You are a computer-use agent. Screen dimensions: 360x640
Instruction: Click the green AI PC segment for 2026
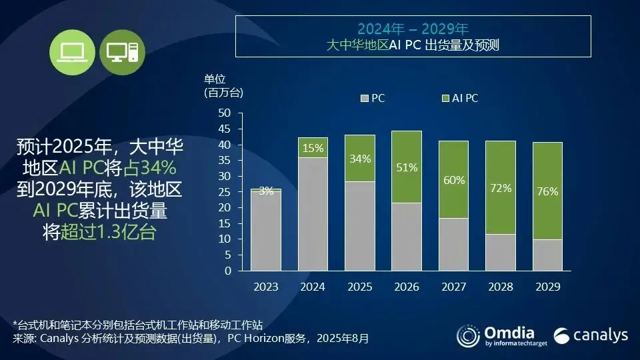(x=406, y=167)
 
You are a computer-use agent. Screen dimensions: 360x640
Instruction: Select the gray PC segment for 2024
(x=312, y=214)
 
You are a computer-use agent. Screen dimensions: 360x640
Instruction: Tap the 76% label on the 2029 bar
(x=547, y=192)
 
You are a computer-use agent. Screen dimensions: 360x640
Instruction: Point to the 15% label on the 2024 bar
(x=312, y=148)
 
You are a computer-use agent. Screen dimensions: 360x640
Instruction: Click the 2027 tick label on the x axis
(x=453, y=287)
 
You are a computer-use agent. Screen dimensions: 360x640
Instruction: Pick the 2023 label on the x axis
(x=266, y=287)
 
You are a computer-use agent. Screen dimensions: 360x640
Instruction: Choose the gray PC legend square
(x=364, y=99)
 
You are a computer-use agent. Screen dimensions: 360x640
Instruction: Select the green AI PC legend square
(x=445, y=99)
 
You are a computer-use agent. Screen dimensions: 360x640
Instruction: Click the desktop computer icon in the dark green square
(x=122, y=52)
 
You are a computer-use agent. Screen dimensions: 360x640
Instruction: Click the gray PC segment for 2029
(x=547, y=255)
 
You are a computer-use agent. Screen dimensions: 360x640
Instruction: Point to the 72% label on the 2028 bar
(x=500, y=189)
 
